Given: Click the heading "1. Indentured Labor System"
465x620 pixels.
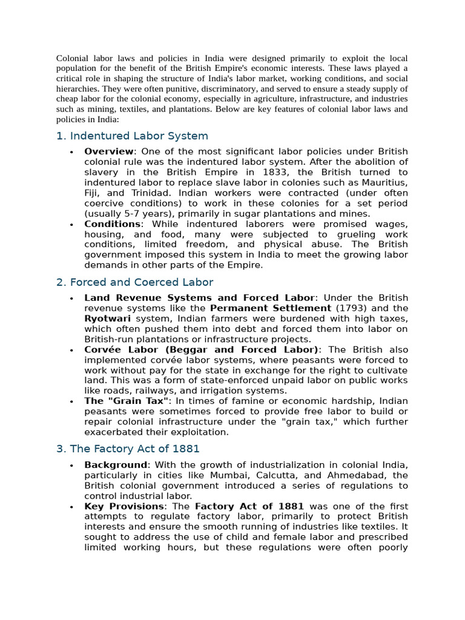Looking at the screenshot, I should (132, 136).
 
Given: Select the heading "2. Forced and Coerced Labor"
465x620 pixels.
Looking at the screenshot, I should (134, 283).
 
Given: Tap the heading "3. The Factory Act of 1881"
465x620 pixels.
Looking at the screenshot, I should (128, 449).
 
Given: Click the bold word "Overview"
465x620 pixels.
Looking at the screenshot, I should (108, 151).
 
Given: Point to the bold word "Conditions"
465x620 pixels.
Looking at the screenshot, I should (112, 224).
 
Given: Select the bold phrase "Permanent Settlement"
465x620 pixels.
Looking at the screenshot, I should (270, 308).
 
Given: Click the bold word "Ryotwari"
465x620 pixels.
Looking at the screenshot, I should (107, 318).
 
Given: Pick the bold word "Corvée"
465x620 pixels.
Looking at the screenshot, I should (103, 350).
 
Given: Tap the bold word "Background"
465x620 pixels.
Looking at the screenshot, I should (116, 465).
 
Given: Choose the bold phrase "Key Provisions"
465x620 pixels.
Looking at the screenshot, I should (124, 506).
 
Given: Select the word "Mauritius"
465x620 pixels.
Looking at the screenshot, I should (386, 182).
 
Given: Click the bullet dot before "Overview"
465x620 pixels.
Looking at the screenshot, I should (71, 152).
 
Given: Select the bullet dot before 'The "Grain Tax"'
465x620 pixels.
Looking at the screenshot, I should (71, 401).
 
